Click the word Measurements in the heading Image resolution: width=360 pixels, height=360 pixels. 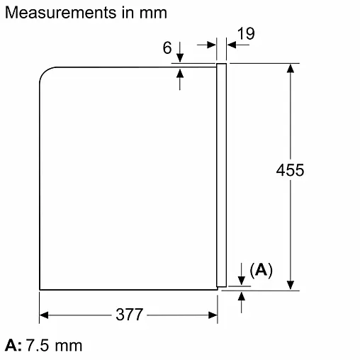click(61, 13)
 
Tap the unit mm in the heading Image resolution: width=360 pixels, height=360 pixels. click(153, 13)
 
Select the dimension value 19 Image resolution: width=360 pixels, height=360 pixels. click(246, 33)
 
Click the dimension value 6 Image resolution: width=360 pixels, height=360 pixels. click(167, 47)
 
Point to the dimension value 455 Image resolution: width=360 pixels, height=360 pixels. click(290, 170)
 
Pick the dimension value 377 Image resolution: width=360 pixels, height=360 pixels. click(130, 315)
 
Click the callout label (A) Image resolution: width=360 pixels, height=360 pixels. click(261, 270)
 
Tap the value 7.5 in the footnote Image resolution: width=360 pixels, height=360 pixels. click(37, 345)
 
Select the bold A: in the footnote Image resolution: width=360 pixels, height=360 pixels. click(13, 345)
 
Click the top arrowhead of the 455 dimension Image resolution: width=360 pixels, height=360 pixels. click(291, 68)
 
